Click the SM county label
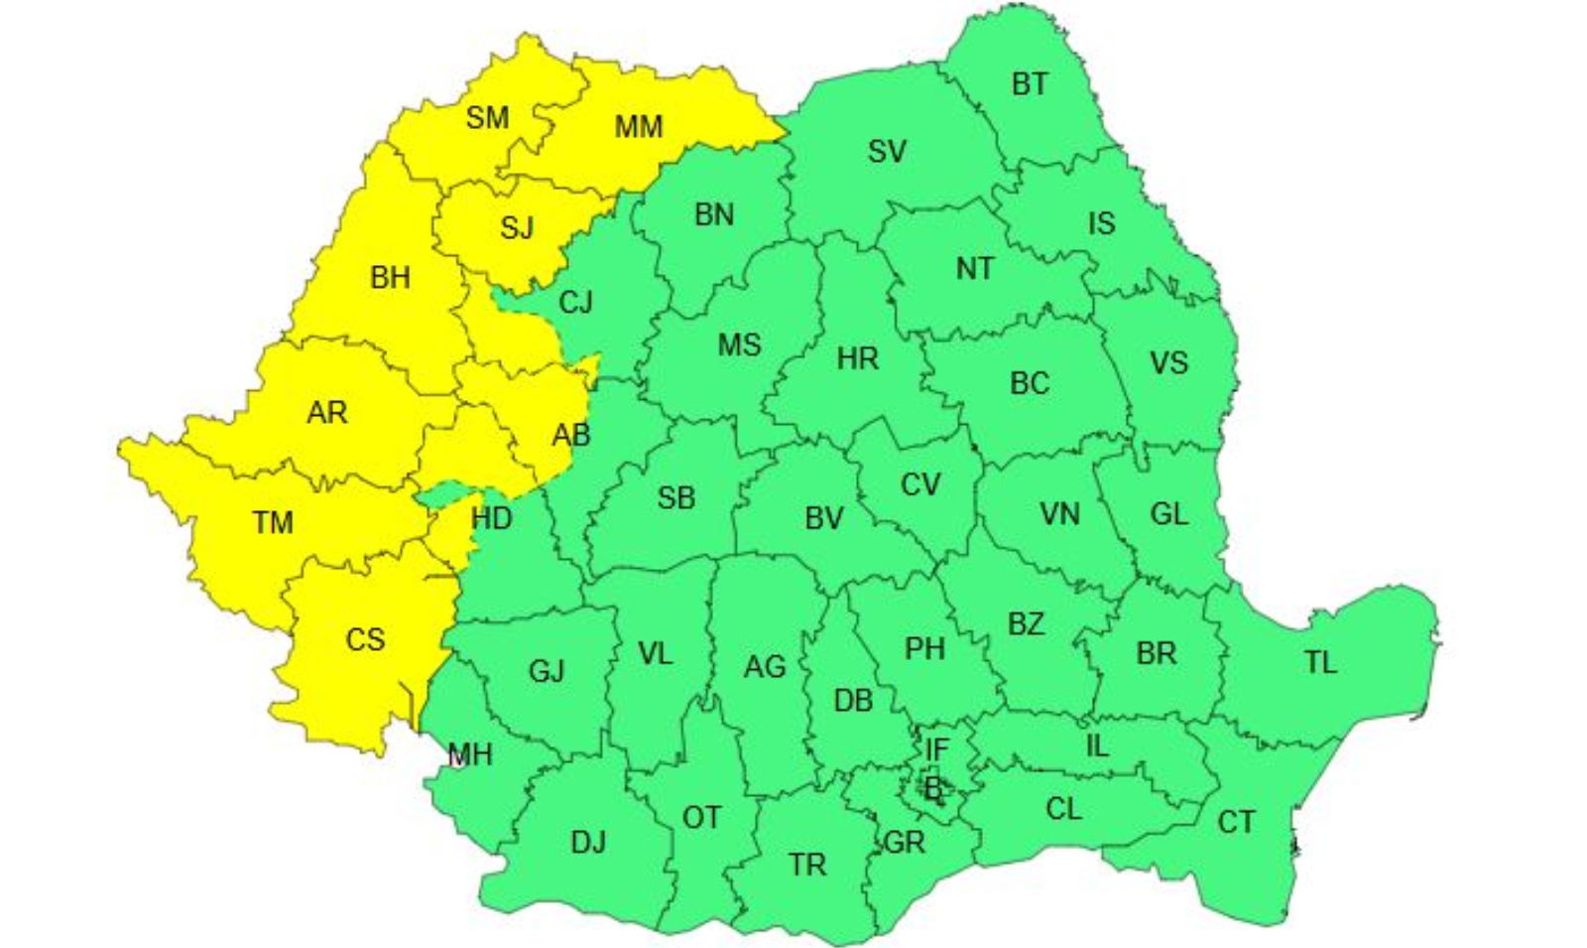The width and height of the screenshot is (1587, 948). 487,118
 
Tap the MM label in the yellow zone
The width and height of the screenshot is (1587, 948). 638,127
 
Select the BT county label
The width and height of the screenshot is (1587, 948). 1030,84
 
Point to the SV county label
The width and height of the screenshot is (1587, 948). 887,152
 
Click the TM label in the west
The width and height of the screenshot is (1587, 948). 273,522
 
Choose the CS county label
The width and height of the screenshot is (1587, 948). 365,639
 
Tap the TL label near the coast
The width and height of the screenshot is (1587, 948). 1320,662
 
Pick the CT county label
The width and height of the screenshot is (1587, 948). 1236,822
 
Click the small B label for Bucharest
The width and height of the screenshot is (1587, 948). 933,790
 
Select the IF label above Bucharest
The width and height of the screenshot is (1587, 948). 936,750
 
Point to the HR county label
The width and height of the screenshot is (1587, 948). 857,358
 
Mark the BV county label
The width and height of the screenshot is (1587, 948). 824,518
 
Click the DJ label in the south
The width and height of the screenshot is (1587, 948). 588,843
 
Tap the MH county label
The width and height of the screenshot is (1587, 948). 470,755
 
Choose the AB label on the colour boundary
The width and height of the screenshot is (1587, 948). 571,435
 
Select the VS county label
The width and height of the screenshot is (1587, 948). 1168,363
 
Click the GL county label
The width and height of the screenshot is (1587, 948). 1169,514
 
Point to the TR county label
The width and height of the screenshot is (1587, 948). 808,866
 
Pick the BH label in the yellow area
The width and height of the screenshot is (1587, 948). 390,277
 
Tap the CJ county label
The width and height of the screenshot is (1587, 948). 575,302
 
